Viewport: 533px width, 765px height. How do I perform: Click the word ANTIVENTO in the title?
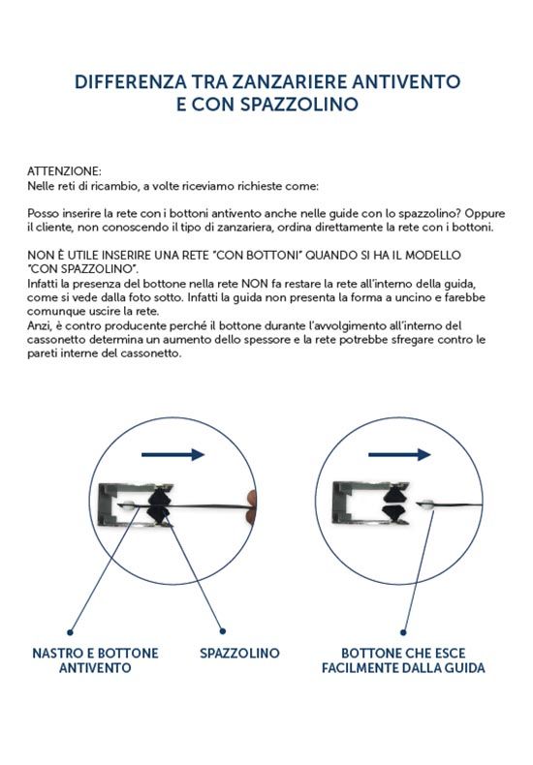pyautogui.click(x=407, y=81)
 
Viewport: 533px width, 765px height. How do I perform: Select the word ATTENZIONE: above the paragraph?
pyautogui.click(x=64, y=171)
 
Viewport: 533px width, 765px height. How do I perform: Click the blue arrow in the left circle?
pyautogui.click(x=172, y=455)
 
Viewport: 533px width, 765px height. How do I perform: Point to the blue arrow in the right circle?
pyautogui.click(x=399, y=455)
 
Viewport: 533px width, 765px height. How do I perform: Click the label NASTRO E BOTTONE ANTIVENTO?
pyautogui.click(x=95, y=660)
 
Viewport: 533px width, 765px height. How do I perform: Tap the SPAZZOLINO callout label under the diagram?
pyautogui.click(x=239, y=654)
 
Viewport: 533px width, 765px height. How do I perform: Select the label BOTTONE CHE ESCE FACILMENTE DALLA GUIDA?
pyautogui.click(x=403, y=660)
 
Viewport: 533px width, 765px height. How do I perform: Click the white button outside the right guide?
pyautogui.click(x=426, y=505)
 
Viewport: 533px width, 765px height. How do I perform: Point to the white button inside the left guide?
pyautogui.click(x=128, y=505)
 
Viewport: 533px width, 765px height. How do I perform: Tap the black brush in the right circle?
pyautogui.click(x=395, y=505)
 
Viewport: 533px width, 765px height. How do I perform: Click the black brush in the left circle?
pyautogui.click(x=158, y=505)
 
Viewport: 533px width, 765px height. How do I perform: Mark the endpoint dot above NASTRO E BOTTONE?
pyautogui.click(x=71, y=632)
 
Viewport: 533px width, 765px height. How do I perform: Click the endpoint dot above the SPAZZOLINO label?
pyautogui.click(x=223, y=631)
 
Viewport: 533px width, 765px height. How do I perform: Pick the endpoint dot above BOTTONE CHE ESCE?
pyautogui.click(x=403, y=632)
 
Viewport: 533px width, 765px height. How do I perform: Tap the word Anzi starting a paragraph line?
pyautogui.click(x=38, y=326)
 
